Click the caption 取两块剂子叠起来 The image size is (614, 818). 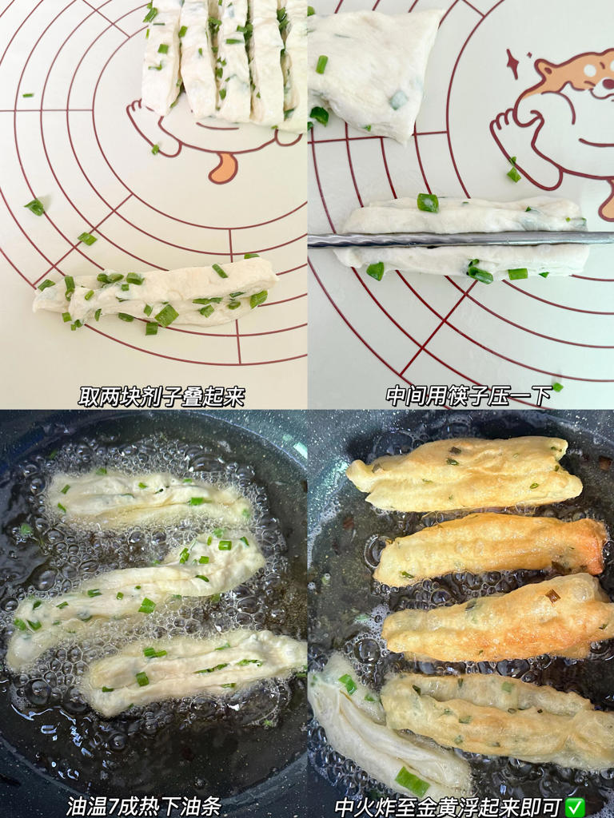click(x=161, y=396)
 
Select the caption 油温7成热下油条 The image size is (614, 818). click(x=144, y=805)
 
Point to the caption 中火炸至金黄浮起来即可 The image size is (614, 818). click(x=448, y=805)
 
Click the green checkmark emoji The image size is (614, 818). click(x=574, y=806)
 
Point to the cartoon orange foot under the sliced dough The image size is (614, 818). click(x=224, y=167)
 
